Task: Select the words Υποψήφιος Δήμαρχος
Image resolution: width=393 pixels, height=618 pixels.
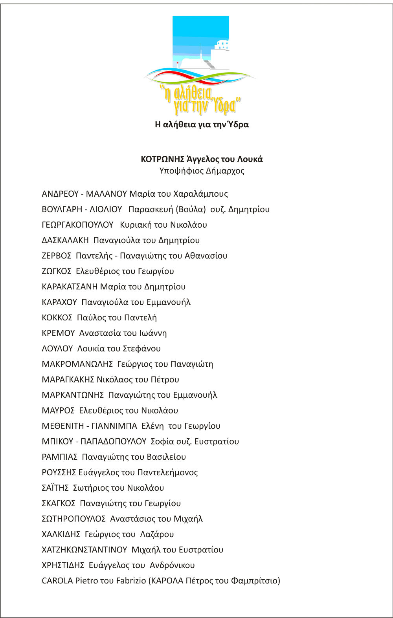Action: tap(202, 171)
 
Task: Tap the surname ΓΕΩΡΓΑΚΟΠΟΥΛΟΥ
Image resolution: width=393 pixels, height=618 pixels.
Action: tap(77, 225)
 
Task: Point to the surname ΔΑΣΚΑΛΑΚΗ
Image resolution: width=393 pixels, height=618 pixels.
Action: tap(65, 240)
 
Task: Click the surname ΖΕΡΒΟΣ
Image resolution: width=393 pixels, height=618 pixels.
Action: tap(57, 256)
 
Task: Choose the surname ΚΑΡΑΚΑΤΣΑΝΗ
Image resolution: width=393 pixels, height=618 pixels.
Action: tap(70, 287)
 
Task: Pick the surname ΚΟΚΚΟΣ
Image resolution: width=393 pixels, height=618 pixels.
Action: tap(57, 318)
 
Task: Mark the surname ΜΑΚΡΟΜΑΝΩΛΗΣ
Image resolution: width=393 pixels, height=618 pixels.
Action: tap(77, 364)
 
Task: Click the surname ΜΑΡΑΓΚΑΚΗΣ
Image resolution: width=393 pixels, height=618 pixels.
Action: tap(68, 380)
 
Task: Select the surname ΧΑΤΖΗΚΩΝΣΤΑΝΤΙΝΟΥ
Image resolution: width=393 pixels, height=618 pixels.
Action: tap(84, 550)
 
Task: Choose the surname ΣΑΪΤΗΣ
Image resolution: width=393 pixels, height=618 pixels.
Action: tap(55, 488)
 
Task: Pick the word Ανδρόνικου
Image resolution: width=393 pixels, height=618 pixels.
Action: tap(172, 565)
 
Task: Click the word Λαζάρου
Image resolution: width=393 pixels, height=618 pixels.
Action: tap(157, 534)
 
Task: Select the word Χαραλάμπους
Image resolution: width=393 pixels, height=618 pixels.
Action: tap(200, 194)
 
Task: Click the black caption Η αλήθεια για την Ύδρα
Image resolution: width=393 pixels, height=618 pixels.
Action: tap(202, 125)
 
